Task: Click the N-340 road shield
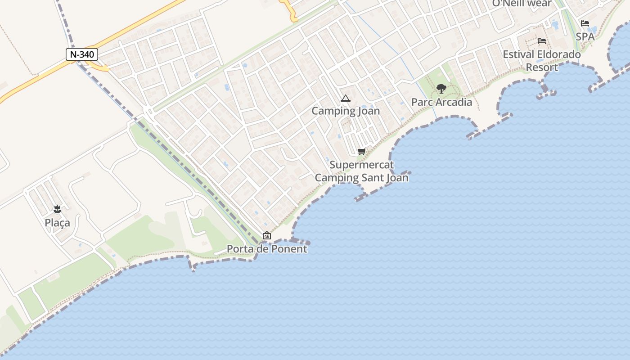82,54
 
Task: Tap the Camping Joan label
346,111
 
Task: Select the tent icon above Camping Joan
345,99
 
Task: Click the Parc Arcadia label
441,102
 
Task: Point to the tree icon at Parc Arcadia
441,89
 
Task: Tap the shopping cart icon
361,152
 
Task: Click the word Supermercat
361,165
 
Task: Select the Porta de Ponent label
267,249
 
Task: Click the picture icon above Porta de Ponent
267,235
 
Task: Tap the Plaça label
57,223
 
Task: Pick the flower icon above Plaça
57,209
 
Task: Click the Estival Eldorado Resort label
542,61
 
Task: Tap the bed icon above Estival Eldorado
542,41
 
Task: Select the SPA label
585,37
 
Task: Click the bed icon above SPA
585,23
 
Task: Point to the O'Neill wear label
522,4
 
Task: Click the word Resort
542,67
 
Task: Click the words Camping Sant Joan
361,178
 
